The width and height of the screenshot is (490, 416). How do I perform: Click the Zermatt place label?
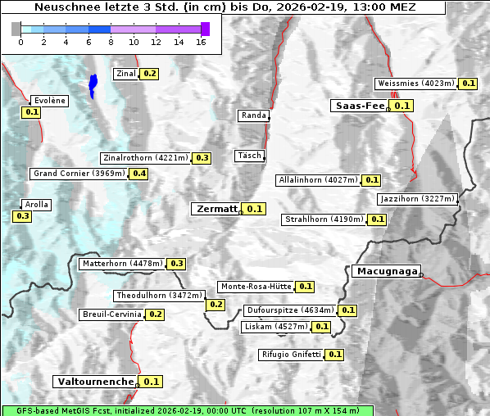point(216,209)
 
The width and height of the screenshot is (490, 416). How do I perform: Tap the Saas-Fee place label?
point(359,106)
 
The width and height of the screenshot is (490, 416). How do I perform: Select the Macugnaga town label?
point(385,271)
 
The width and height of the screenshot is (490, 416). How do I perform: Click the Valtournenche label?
point(95,382)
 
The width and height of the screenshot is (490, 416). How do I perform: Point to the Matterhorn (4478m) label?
point(122,264)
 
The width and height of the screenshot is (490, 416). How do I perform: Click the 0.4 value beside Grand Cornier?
point(139,174)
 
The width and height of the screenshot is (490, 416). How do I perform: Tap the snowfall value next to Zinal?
point(149,74)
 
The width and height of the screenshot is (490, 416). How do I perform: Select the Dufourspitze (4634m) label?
point(290,310)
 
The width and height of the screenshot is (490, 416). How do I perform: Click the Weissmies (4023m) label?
point(415,84)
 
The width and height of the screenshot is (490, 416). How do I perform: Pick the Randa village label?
point(253,115)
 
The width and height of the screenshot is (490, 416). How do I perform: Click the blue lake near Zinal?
point(93,84)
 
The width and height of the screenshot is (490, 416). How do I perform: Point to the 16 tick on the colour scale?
point(202,41)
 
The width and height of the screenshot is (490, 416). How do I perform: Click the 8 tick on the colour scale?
point(111,41)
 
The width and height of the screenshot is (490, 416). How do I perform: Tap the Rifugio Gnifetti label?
point(291,355)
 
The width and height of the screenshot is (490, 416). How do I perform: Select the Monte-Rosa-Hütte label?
point(256,287)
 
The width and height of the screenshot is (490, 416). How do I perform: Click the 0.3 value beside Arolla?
point(22,216)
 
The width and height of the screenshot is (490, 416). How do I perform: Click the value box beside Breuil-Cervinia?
point(156,314)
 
